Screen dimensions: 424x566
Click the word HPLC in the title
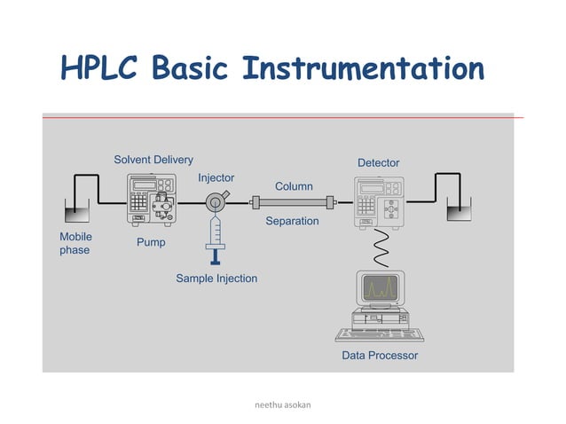99,68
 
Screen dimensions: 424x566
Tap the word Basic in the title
192,68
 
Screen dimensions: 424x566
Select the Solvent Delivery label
153,160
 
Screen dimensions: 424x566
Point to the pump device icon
153,200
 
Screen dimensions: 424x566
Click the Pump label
151,242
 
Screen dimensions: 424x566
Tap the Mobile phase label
75,244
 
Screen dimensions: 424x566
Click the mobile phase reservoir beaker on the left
77,210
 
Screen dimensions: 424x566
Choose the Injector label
216,178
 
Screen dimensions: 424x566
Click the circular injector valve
216,203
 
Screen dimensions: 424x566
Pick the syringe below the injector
216,239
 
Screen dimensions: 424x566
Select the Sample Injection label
216,279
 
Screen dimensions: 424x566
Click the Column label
294,186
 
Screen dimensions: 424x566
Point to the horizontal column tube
294,203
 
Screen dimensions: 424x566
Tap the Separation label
292,221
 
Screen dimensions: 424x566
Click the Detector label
378,163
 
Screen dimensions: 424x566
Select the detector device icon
378,200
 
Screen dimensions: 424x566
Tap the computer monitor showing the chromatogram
379,287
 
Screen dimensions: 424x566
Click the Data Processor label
380,356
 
